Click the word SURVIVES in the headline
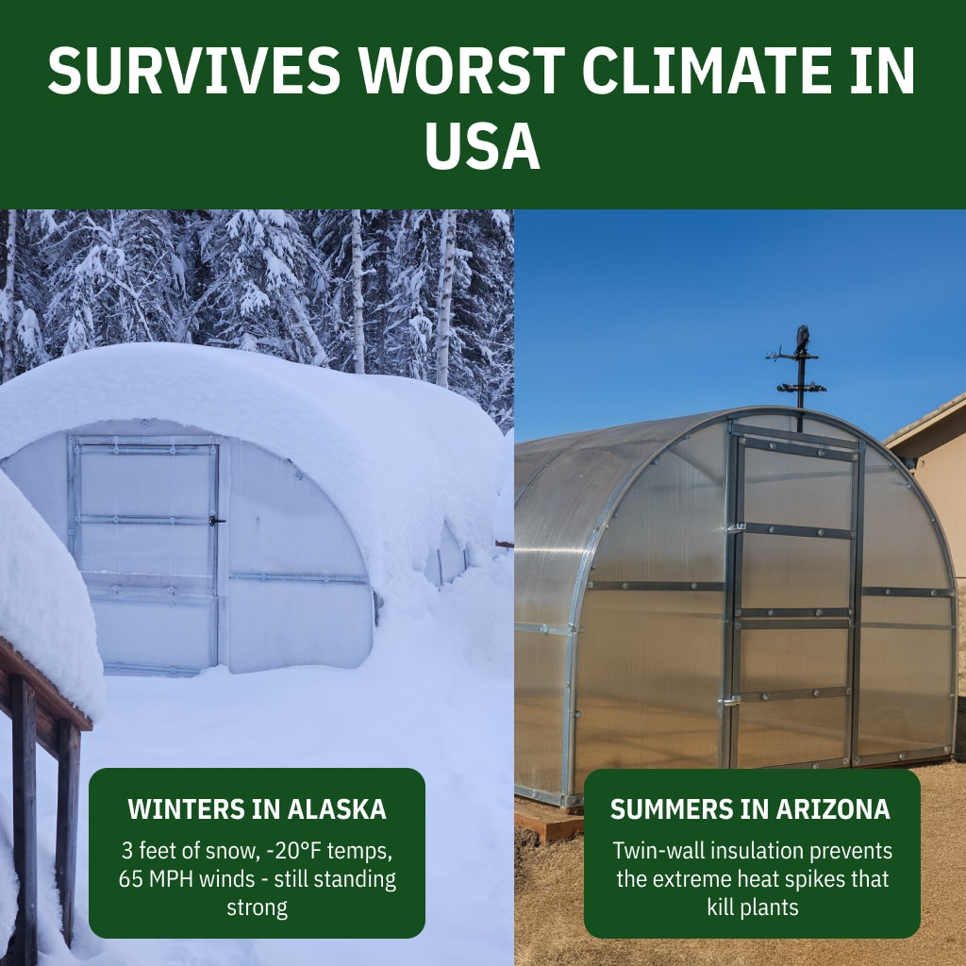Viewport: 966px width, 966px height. click(194, 70)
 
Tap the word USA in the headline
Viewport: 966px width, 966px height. click(482, 145)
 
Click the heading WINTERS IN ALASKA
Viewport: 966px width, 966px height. click(257, 809)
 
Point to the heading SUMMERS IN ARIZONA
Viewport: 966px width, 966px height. click(750, 809)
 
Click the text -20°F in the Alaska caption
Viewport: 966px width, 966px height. click(293, 851)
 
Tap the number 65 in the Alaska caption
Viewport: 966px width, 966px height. click(130, 879)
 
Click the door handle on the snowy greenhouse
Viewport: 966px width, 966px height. click(216, 521)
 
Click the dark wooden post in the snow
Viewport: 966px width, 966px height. click(25, 820)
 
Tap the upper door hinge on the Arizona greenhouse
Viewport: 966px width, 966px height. click(737, 527)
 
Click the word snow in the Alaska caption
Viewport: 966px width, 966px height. click(232, 851)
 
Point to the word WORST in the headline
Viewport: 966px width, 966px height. click(461, 70)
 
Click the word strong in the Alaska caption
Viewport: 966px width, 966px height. click(257, 908)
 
